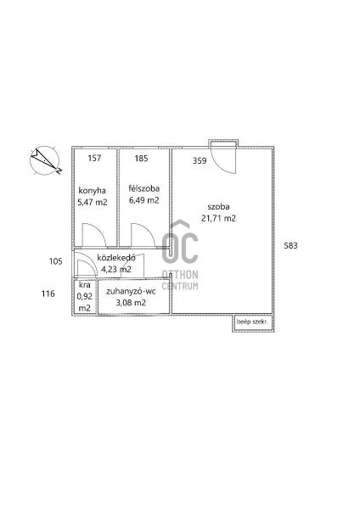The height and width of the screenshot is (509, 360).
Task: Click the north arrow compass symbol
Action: click(45, 160)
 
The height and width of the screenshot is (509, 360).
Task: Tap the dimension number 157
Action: click(94, 158)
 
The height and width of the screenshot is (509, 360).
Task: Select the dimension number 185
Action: click(141, 159)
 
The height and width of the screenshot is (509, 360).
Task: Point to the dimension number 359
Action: click(200, 160)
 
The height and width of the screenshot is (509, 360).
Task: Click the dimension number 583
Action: click(290, 246)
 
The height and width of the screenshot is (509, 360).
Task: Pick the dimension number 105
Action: click(55, 261)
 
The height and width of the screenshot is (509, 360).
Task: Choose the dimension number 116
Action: click(48, 294)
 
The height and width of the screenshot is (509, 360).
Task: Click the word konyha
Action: click(93, 191)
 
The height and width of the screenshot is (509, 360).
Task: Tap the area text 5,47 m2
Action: click(93, 202)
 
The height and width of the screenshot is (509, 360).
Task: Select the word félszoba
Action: click(144, 188)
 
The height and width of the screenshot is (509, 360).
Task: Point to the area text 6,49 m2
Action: click(144, 200)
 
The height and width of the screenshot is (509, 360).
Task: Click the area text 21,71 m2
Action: click(219, 218)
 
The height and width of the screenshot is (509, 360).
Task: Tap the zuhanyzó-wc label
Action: click(131, 291)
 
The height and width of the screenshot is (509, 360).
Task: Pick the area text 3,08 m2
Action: click(131, 303)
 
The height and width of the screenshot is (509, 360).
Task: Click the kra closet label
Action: click(84, 285)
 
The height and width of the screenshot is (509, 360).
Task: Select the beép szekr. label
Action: click(252, 322)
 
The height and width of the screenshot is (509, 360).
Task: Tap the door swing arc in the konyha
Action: click(99, 229)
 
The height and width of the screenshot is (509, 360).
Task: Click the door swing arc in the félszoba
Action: click(148, 229)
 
